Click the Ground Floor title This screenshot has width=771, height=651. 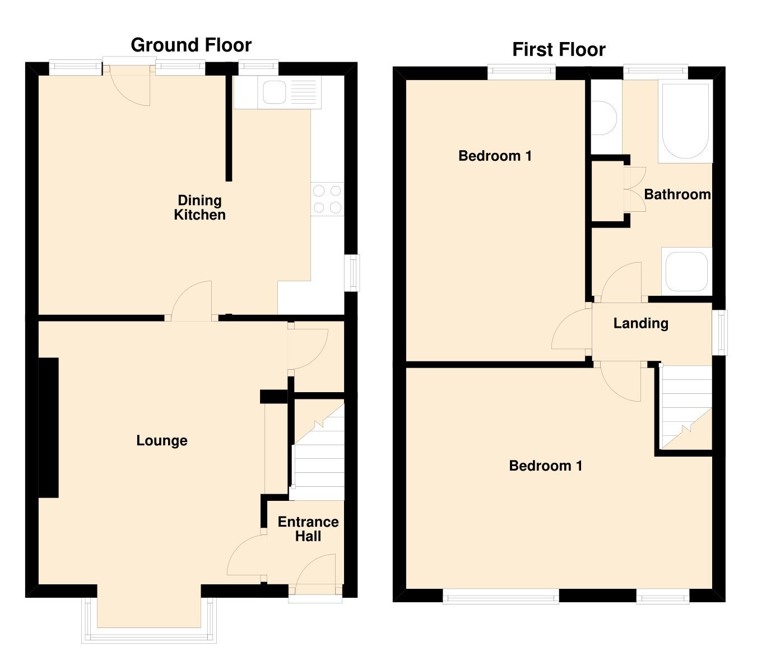[191, 45]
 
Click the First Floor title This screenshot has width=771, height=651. [559, 50]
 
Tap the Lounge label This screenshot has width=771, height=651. [162, 441]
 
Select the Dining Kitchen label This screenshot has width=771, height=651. [199, 207]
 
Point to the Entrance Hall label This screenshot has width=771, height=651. [308, 529]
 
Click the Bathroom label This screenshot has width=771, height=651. [677, 194]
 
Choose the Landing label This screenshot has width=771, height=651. [640, 323]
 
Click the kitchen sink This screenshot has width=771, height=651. [275, 92]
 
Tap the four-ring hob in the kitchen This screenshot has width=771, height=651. [327, 199]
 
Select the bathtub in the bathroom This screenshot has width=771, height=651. [685, 120]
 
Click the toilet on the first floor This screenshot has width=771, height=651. [604, 118]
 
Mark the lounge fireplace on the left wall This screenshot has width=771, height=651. [49, 427]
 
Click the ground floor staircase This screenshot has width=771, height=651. [317, 454]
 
